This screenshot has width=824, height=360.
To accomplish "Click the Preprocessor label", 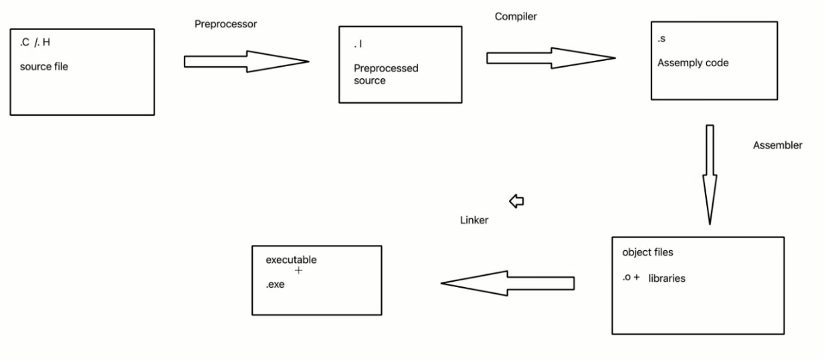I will coord(225,24).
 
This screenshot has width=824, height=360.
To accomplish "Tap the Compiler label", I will coord(516,15).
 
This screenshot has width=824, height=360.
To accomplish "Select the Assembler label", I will coord(777,145).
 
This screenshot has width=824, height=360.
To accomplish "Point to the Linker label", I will coord(474,220).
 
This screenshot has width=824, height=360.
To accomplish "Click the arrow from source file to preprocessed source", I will coord(245,62).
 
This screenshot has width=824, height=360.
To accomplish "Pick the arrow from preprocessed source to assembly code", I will coord(550,59).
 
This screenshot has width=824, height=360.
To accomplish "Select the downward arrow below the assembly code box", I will coord(709,174).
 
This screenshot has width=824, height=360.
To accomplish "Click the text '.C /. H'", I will coord(35,43).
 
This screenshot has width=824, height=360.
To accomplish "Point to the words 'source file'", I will coord(44,67).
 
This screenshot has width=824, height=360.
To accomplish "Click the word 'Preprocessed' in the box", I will coord(386,68).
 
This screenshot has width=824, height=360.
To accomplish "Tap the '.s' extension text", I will coord(661,39).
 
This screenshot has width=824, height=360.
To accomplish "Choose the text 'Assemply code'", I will coord(693,64).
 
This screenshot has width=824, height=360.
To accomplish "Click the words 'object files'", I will coord(647,253).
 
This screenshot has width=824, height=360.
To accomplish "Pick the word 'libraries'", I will coord(667,278).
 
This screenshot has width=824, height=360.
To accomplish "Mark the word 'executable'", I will coord(291,260).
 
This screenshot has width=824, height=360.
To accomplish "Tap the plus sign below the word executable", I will coord(298,271).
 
